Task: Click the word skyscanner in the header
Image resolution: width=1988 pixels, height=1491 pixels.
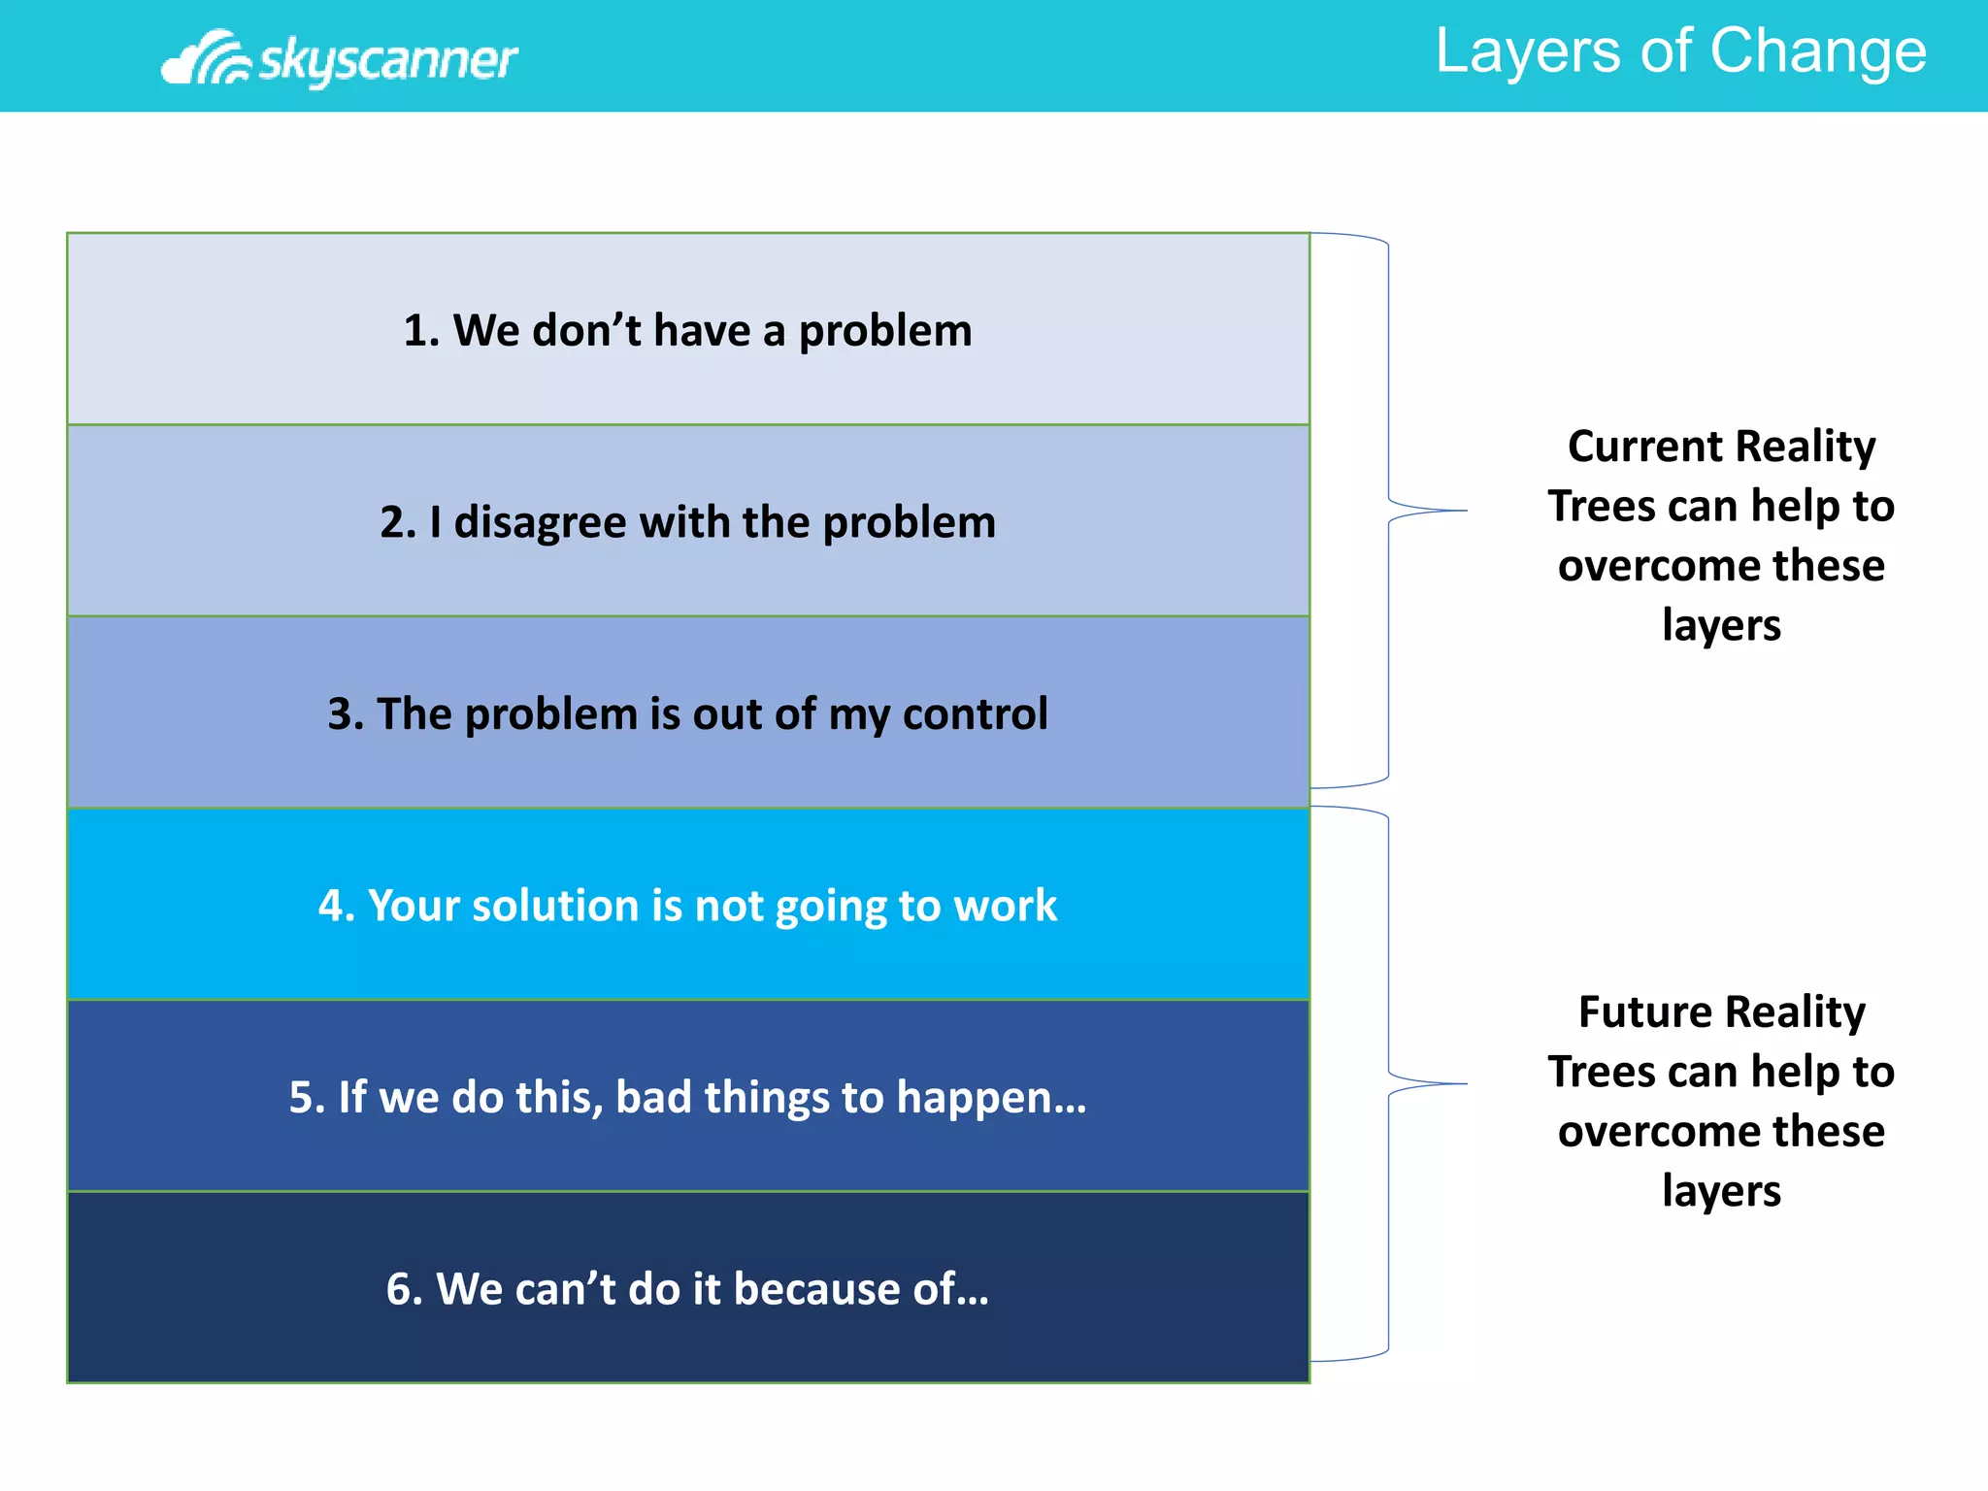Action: point(387,60)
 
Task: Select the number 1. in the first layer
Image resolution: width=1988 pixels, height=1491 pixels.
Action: point(422,331)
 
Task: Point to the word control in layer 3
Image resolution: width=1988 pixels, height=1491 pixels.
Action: point(975,714)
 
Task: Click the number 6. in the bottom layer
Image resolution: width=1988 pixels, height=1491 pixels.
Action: point(404,1289)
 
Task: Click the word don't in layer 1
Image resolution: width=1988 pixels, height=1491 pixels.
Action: point(586,331)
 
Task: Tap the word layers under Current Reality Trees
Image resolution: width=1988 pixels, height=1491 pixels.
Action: point(1721,625)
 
